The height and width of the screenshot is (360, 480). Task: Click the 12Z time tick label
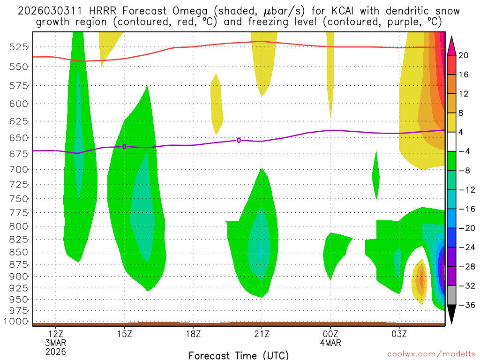tap(56, 334)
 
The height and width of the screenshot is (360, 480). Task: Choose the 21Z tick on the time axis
tap(262, 334)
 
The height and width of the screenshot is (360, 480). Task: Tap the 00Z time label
tap(330, 334)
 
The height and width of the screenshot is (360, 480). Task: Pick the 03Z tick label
tap(399, 334)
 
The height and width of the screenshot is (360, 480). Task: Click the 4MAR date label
tap(330, 343)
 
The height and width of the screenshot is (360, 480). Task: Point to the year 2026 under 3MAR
tap(56, 351)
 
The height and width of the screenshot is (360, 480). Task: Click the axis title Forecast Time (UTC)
tap(239, 355)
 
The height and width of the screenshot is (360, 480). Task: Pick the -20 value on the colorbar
tap(464, 228)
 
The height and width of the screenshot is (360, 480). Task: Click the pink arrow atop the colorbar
tap(452, 45)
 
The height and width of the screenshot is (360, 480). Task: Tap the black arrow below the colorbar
tap(452, 314)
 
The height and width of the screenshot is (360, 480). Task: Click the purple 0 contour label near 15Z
tap(124, 147)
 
